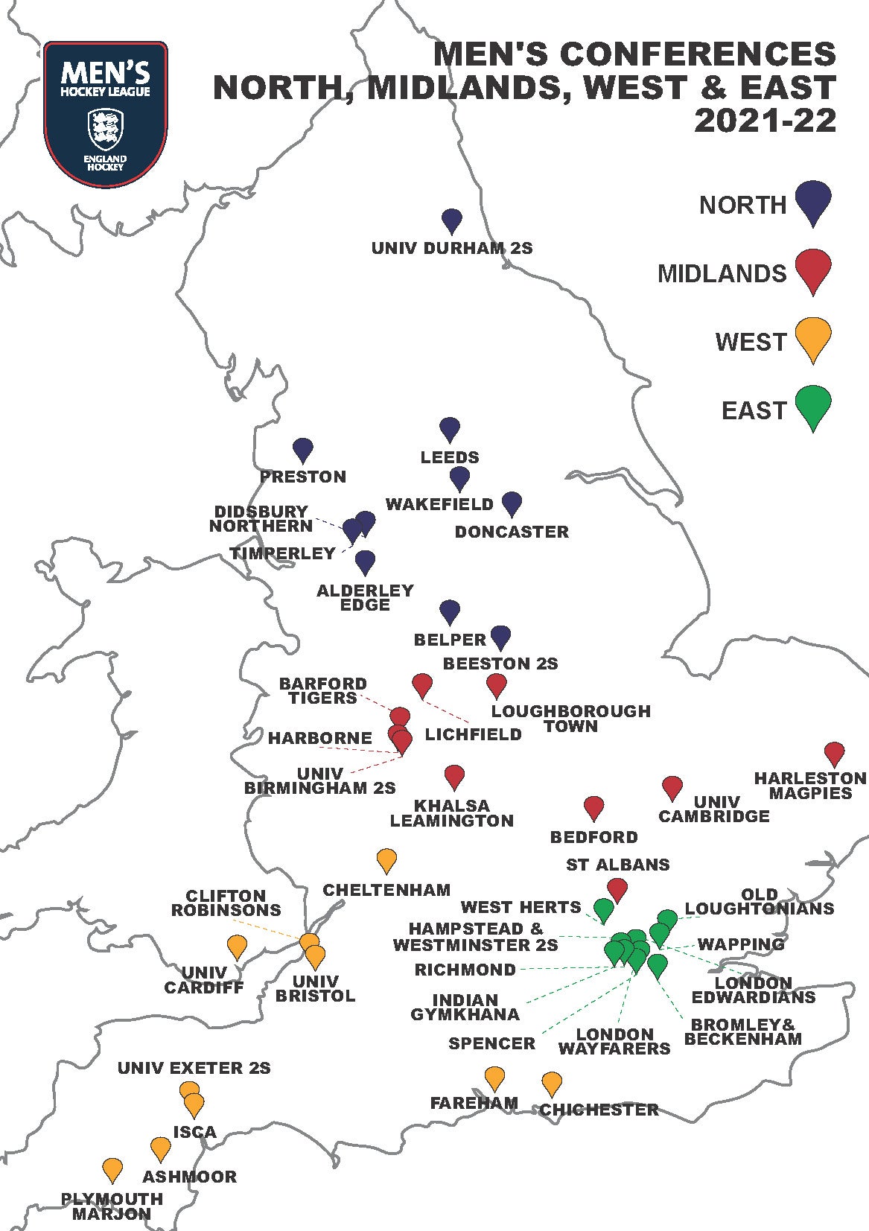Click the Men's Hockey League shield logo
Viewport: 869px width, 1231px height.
(105, 112)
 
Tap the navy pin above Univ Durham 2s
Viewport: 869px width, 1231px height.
(451, 220)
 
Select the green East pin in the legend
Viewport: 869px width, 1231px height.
(812, 406)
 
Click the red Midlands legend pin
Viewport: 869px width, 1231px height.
(812, 269)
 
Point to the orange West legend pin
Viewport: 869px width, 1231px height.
(812, 337)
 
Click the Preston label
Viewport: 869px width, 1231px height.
(303, 477)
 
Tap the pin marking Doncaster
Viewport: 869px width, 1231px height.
(512, 503)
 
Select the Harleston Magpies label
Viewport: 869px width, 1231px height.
(810, 786)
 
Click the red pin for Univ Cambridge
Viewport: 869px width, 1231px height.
(672, 786)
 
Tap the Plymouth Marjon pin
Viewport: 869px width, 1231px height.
(112, 1168)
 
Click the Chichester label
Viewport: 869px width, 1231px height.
(599, 1110)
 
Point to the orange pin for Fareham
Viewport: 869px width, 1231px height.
(494, 1077)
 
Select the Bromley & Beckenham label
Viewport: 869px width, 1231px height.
(742, 1031)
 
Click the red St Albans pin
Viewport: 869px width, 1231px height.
(617, 887)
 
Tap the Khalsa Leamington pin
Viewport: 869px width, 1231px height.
(453, 775)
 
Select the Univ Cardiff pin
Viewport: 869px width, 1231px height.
(237, 945)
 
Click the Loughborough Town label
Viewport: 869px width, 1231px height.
(570, 719)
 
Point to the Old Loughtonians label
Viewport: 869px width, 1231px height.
(759, 901)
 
